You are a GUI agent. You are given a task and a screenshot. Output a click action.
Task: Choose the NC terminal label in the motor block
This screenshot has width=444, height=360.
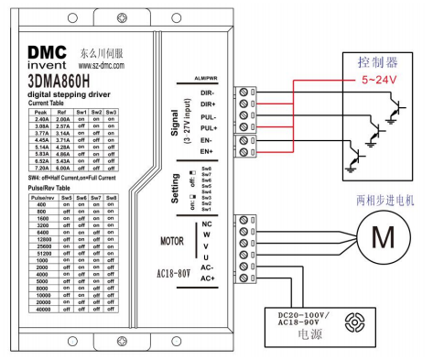click(x=211, y=224)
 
